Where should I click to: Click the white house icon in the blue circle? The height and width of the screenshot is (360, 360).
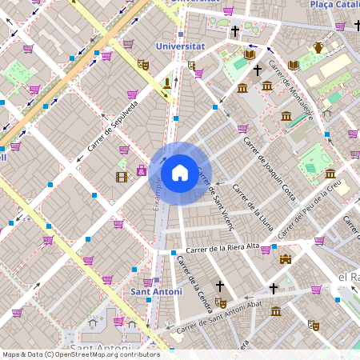(x=180, y=172)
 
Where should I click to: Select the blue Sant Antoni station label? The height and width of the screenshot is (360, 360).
(x=156, y=292)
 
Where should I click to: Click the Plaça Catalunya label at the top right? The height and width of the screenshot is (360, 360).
(x=334, y=5)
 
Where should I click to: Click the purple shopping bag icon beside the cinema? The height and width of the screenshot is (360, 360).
(x=142, y=170)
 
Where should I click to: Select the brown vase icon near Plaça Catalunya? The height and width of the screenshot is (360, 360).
(x=318, y=47)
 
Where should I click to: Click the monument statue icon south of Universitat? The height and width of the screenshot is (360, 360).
(x=167, y=82)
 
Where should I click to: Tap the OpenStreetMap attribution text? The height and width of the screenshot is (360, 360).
(x=81, y=354)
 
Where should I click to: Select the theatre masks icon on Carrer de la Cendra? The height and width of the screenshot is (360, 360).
(x=221, y=302)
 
